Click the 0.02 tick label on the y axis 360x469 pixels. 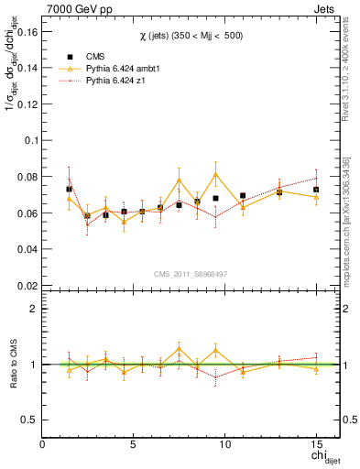coord(27,285)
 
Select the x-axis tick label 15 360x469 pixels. coord(315,444)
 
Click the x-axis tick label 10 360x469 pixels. coord(224,444)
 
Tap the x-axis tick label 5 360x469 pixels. coord(134,444)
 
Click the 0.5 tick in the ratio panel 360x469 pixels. coord(28,420)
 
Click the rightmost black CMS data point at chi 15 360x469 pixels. coord(315,190)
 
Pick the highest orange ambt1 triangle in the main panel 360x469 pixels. coord(215,174)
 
